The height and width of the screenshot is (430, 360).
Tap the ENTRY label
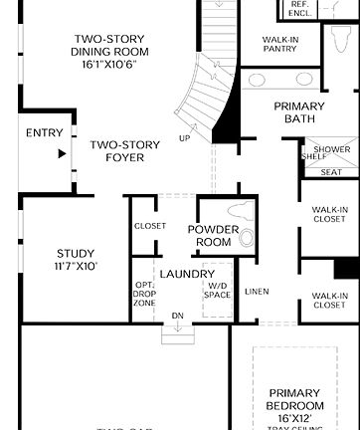click(x=44, y=133)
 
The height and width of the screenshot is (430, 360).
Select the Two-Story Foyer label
click(x=124, y=151)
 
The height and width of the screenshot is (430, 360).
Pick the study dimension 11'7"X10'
click(x=77, y=267)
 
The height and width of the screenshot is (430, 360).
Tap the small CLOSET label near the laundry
click(x=150, y=226)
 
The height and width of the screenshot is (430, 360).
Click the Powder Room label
click(x=213, y=236)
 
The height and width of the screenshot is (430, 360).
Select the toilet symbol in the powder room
click(x=246, y=238)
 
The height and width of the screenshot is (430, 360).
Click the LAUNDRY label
click(x=187, y=274)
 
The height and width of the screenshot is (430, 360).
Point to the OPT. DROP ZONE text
click(x=144, y=293)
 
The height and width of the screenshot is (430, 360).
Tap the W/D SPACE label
click(x=217, y=290)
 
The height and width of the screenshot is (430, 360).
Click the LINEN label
click(x=256, y=291)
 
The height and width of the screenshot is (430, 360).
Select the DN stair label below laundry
click(x=178, y=316)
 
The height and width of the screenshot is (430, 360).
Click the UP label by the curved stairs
click(x=184, y=138)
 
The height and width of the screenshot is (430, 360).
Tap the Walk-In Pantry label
click(x=280, y=44)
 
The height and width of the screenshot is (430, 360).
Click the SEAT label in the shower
click(x=331, y=172)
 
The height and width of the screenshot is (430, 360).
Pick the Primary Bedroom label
click(x=295, y=400)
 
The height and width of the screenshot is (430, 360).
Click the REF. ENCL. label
click(x=299, y=9)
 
